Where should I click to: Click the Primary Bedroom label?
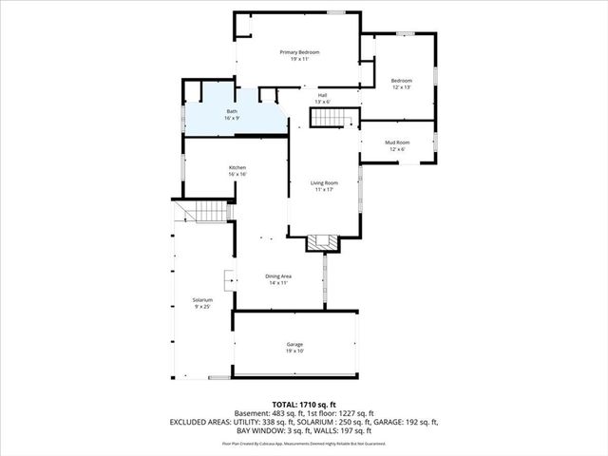click(x=299, y=51)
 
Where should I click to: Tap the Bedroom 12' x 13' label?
click(x=402, y=82)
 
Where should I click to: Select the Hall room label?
click(x=322, y=95)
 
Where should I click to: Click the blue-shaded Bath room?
click(x=232, y=115)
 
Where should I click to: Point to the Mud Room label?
click(x=394, y=142)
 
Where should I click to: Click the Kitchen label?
click(x=237, y=168)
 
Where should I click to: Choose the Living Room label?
click(x=324, y=182)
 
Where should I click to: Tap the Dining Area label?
click(x=278, y=276)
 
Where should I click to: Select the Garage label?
click(x=294, y=344)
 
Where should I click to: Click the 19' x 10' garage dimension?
click(x=294, y=351)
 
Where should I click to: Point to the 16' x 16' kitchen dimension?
click(x=237, y=175)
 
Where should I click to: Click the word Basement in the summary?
click(x=252, y=413)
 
